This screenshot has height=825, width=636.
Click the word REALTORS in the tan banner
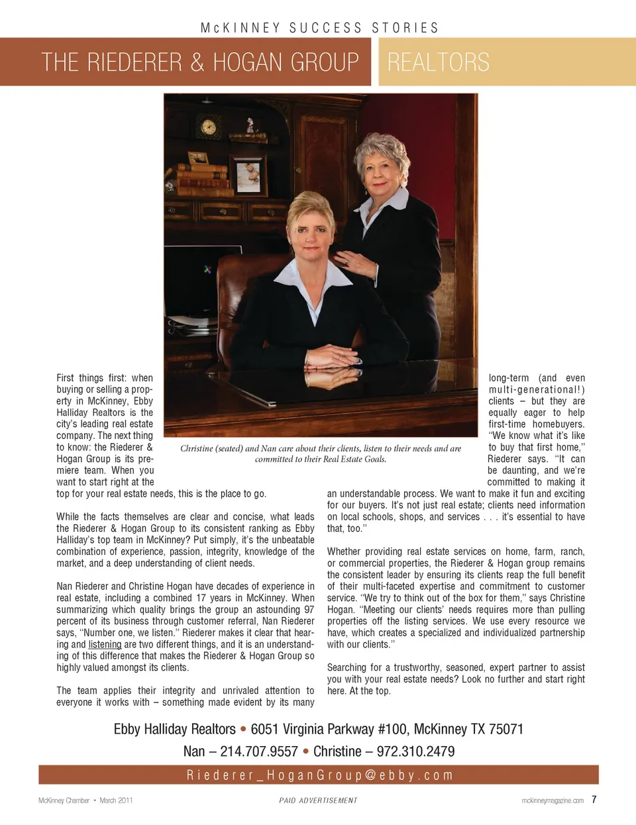[438, 62]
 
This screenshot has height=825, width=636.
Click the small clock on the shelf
[208, 126]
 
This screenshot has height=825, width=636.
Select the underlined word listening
[105, 644]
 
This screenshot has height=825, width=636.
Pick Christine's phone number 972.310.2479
[415, 752]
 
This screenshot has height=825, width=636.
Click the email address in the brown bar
[319, 775]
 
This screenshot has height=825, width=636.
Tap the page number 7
[594, 799]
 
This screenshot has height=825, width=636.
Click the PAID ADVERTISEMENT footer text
[318, 801]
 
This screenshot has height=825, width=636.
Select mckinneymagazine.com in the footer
[553, 801]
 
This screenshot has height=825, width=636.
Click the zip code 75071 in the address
[505, 729]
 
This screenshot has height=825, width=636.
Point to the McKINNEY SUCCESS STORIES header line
[319, 28]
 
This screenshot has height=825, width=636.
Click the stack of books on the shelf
[201, 179]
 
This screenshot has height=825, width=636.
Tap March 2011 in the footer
[116, 801]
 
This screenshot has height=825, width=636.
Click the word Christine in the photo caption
[196, 448]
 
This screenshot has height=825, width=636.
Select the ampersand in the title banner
[197, 62]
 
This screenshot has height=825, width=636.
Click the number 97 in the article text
[309, 610]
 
